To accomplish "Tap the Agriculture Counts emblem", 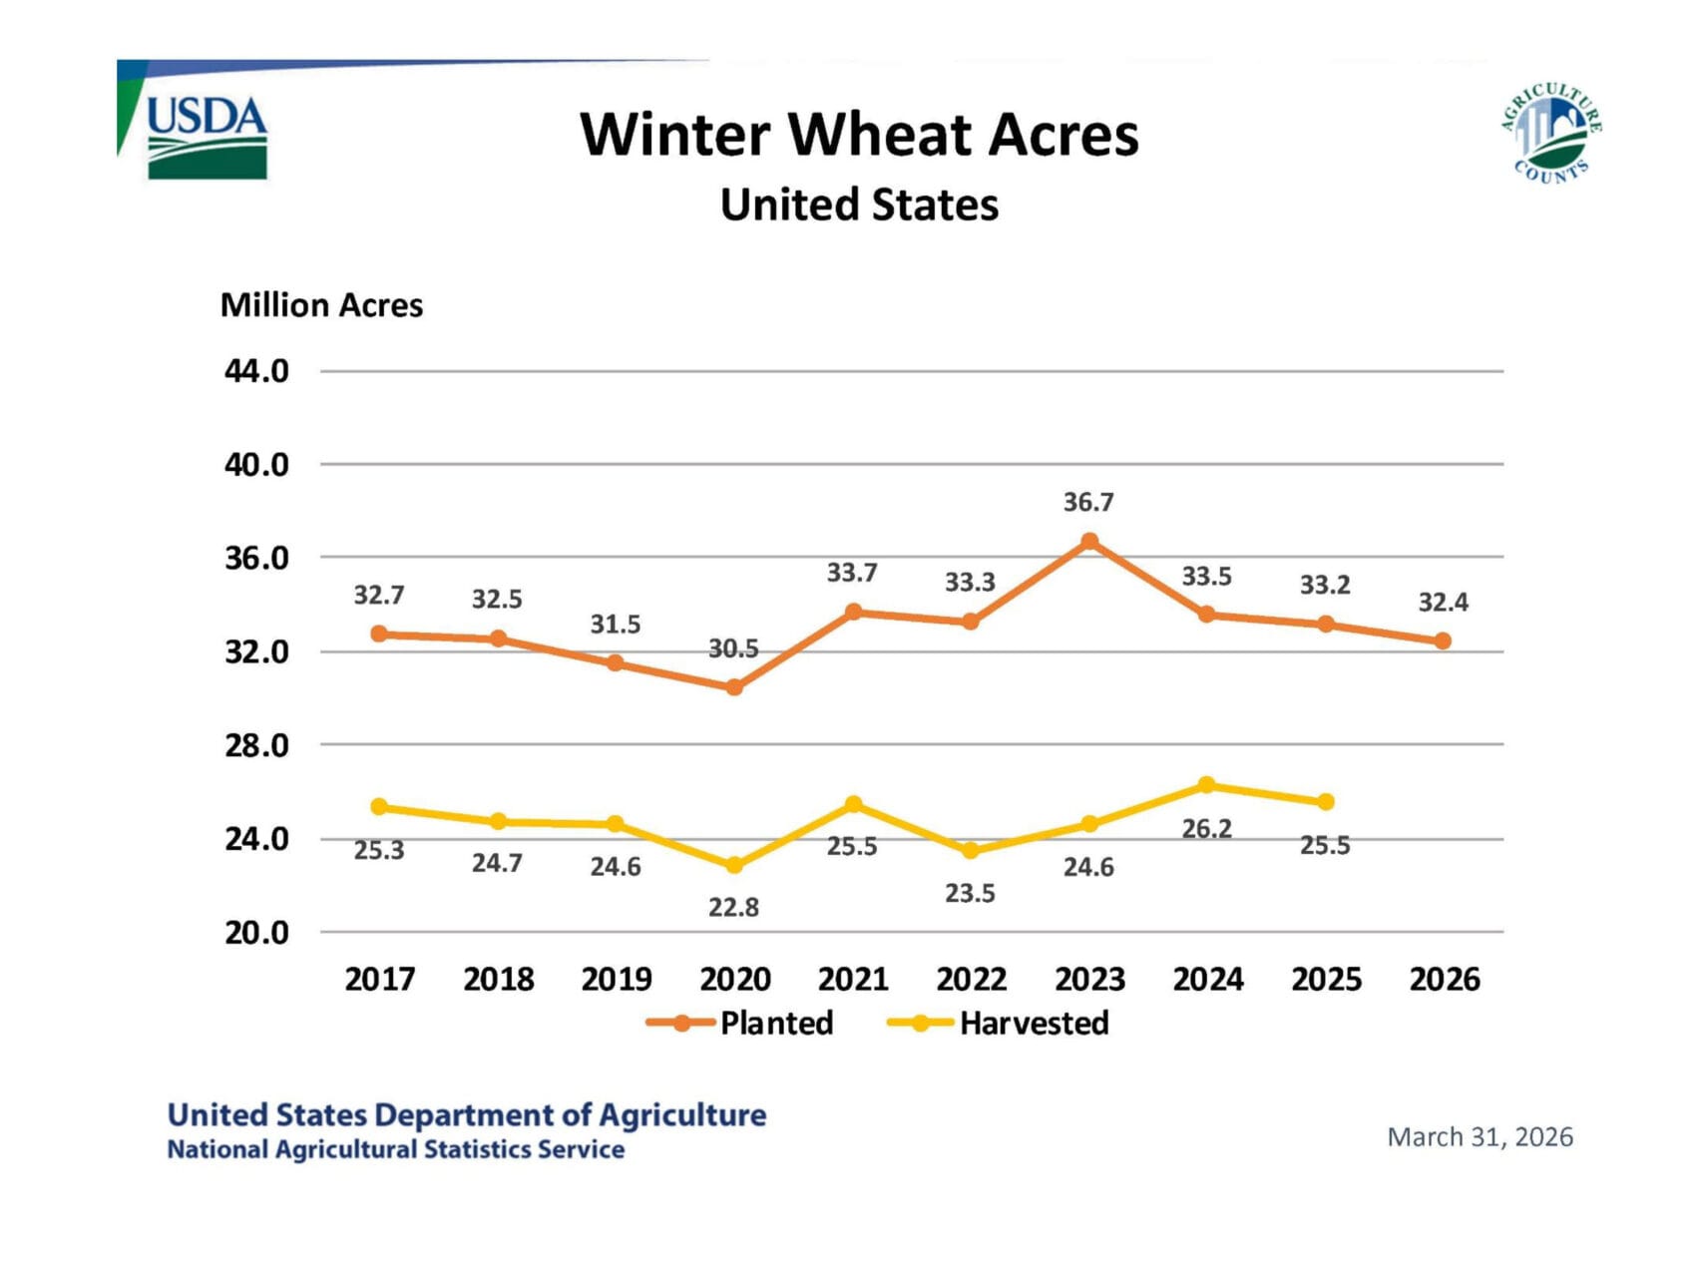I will [x=1549, y=134].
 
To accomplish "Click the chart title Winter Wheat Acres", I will [x=859, y=135].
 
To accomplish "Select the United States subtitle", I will [x=859, y=206].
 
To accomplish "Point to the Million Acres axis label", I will [x=321, y=305].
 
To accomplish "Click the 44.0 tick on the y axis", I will [x=256, y=371].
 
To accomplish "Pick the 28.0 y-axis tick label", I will [x=256, y=745].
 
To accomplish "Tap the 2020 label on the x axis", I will [x=734, y=980].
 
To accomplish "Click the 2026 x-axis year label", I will [x=1444, y=980].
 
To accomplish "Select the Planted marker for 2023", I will [x=1089, y=542].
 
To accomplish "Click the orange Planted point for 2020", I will [x=734, y=687].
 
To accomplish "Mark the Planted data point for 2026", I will [x=1443, y=641].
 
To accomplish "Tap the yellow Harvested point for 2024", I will [x=1207, y=785].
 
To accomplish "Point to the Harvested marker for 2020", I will [x=734, y=865].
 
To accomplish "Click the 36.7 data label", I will [x=1088, y=502].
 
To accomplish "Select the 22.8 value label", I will [x=734, y=908].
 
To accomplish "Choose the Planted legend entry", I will [x=740, y=1024].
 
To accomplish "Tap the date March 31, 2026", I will [x=1480, y=1137].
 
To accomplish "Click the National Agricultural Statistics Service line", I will [x=396, y=1149].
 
